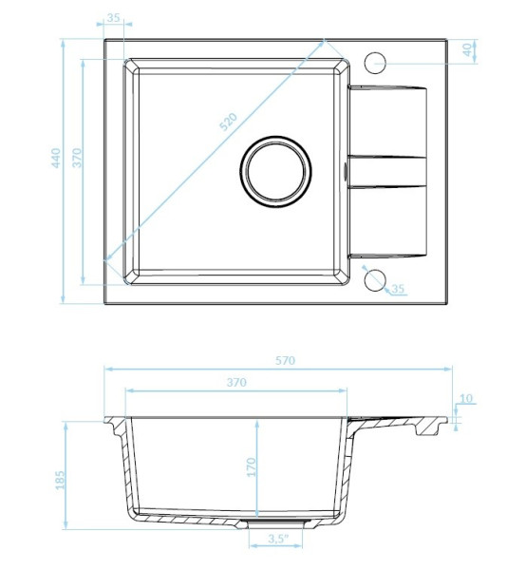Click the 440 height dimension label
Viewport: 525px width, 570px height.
tap(56, 158)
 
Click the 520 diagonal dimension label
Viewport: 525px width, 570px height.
tap(229, 122)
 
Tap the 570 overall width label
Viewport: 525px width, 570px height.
tap(285, 361)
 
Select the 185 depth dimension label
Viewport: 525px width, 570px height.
tap(61, 480)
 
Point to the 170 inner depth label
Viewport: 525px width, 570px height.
tap(251, 467)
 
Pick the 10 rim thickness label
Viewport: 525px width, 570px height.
tap(466, 398)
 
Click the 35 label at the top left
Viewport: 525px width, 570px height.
tap(114, 17)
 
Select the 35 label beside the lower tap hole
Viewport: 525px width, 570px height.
tap(398, 289)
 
